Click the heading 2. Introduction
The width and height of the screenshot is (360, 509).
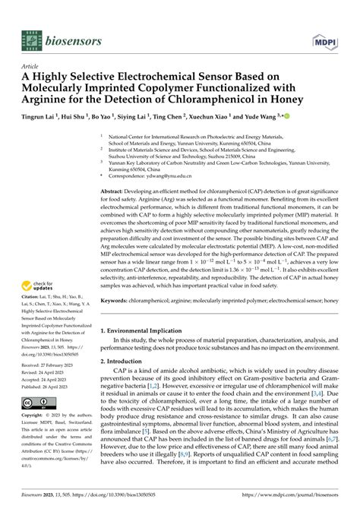[x=126, y=362]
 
